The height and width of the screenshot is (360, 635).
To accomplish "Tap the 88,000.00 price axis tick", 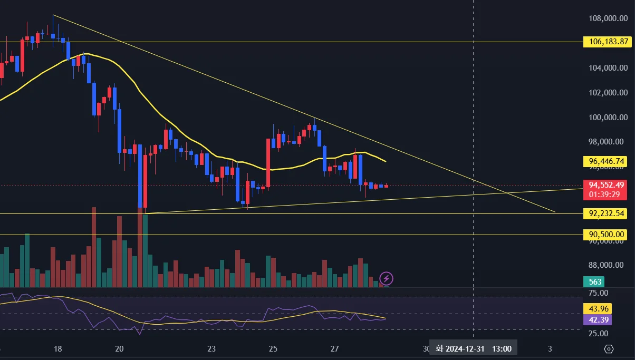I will (608, 266).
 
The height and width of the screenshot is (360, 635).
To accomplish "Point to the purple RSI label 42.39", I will (597, 319).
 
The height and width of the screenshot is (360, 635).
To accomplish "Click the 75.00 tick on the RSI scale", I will (598, 293).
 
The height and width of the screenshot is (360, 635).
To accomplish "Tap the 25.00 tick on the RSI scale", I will (598, 334).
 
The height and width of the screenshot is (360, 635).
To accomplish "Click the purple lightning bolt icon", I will (387, 278).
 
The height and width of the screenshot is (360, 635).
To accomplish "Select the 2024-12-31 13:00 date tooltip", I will (473, 348).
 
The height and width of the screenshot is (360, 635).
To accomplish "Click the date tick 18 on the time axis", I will (58, 348).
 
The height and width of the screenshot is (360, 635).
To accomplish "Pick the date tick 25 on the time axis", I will (273, 348).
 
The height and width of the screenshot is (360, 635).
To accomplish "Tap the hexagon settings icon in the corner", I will (609, 349).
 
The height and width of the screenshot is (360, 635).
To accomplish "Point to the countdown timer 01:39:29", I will (605, 194).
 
